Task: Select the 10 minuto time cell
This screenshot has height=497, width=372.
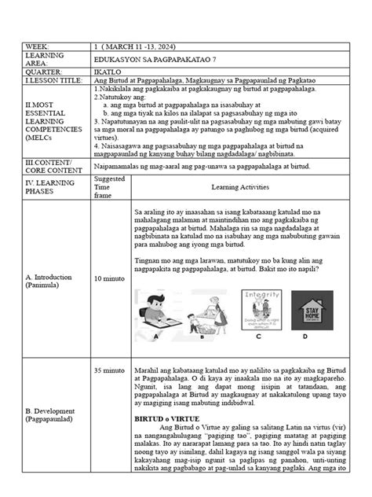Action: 108,278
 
